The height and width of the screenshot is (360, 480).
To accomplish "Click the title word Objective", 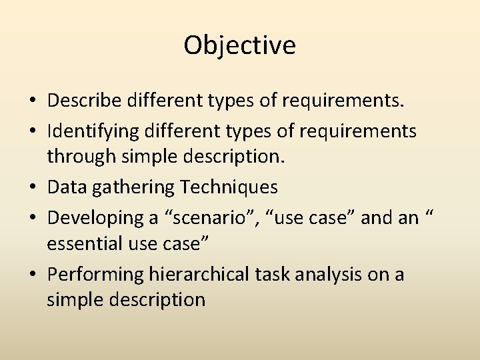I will pos(240,45).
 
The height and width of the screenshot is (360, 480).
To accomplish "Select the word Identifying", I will pos(92,131).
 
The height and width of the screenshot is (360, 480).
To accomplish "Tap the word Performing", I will pos(93,275).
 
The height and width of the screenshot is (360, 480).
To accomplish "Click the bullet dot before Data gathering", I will pos(32,189).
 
